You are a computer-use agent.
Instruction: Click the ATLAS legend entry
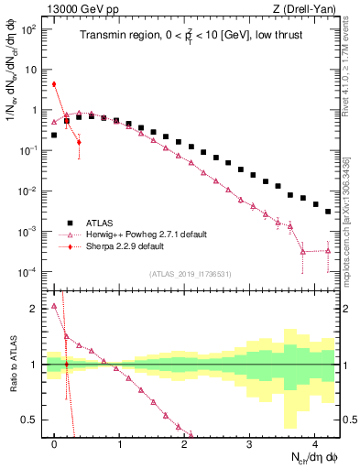[x=101, y=223]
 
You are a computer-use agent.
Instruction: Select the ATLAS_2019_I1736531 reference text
[x=192, y=274]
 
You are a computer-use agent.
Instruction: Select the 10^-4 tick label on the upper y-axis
[x=29, y=272]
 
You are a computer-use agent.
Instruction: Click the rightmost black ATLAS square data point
[x=328, y=212]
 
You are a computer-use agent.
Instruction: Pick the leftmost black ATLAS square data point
[x=55, y=135]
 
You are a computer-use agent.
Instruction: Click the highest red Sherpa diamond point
[x=55, y=84]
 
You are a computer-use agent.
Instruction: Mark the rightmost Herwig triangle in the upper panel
[x=328, y=250]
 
